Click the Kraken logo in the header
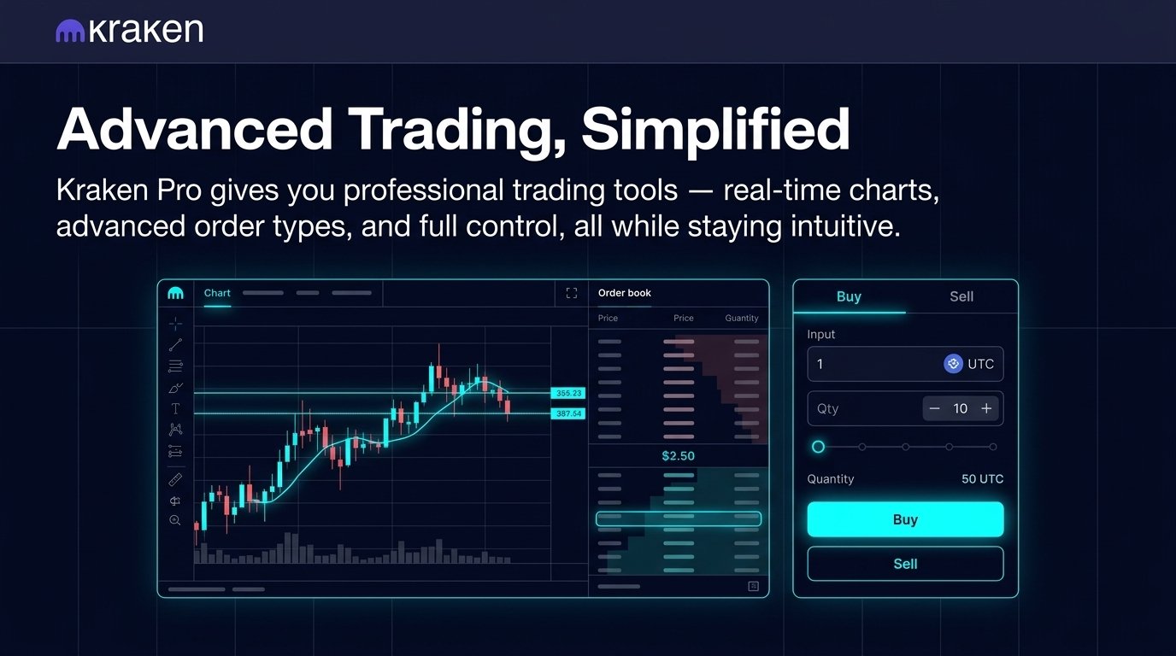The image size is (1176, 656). click(x=129, y=32)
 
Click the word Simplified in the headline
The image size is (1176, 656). click(x=715, y=130)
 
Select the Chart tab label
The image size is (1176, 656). click(x=217, y=293)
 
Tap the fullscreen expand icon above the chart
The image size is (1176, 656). click(x=572, y=293)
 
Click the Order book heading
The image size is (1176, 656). click(x=624, y=293)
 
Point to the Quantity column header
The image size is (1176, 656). click(x=741, y=318)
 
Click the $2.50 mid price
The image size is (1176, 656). click(x=678, y=456)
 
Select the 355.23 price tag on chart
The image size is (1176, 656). click(x=567, y=393)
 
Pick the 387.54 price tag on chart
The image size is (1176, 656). click(x=567, y=413)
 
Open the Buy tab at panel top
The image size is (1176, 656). click(x=849, y=296)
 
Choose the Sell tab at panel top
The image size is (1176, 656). click(x=961, y=296)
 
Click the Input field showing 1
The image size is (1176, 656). click(x=872, y=364)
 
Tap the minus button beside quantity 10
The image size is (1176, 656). click(x=934, y=409)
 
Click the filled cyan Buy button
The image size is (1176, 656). click(x=905, y=519)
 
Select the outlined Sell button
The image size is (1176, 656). click(x=905, y=564)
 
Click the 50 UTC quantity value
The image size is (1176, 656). click(x=982, y=479)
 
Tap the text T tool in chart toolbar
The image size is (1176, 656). click(x=175, y=409)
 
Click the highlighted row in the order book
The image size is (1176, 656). click(x=678, y=518)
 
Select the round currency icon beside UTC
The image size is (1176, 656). click(x=953, y=364)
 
